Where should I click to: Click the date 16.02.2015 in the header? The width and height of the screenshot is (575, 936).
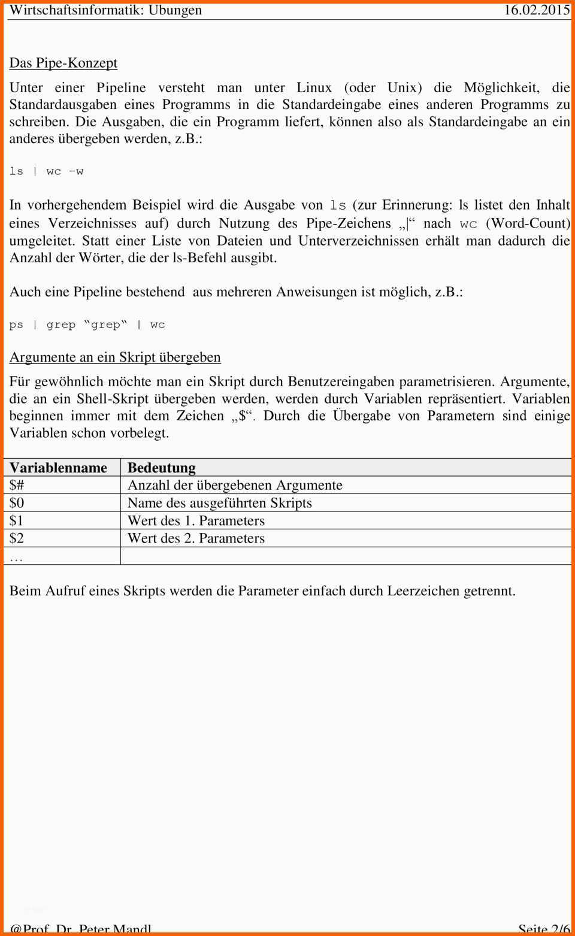pos(536,10)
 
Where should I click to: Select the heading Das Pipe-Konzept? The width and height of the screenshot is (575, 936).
pos(63,63)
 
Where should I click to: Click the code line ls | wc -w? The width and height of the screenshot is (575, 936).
pos(47,171)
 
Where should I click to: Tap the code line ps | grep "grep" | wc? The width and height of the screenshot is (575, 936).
pos(87,325)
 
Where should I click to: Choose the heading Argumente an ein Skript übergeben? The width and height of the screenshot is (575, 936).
pos(115,358)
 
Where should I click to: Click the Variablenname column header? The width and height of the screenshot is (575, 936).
pos(58,468)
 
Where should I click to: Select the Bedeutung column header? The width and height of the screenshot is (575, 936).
pos(162,468)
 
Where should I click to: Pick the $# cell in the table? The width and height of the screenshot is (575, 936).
pos(17,485)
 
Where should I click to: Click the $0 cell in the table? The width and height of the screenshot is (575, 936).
pos(17,503)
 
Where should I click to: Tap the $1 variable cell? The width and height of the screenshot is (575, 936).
pos(17,520)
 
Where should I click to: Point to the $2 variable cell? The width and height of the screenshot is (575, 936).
pos(17,538)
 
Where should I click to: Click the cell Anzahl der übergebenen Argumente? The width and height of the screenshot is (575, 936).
pos(235,485)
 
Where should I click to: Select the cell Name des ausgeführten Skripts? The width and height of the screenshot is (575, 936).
pos(220,503)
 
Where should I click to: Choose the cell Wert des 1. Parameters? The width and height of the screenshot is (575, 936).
pos(196,520)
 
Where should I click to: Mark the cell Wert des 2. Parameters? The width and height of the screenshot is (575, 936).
pos(196,538)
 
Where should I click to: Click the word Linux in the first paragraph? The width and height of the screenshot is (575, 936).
pos(314,87)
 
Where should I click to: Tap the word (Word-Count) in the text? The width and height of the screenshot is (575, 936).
pos(528,223)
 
